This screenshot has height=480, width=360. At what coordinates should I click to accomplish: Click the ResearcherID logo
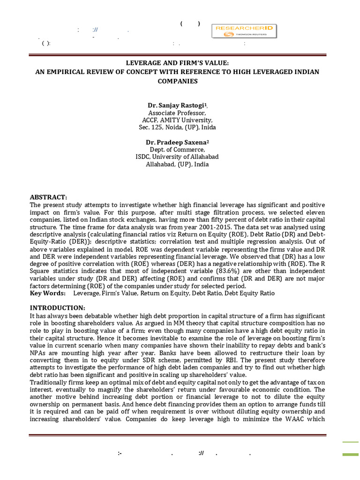pos(244,31)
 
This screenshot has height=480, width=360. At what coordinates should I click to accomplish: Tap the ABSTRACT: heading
pos(49,197)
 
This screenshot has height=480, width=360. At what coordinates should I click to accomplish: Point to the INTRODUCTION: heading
pos(58,307)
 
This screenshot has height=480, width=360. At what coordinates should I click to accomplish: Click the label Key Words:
pos(48,293)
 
